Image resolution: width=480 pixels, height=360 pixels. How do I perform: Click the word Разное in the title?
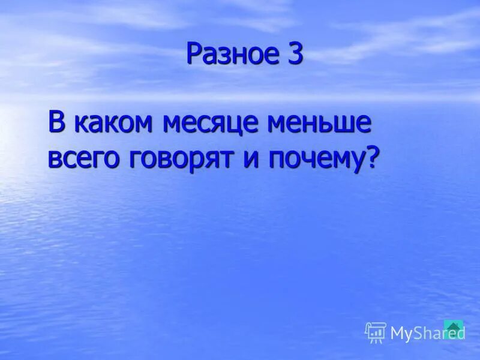(229, 54)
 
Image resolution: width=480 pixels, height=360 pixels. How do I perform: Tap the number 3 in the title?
(295, 54)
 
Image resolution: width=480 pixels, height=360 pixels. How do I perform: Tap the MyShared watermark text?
(427, 333)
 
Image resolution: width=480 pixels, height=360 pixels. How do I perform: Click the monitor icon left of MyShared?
(375, 332)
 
